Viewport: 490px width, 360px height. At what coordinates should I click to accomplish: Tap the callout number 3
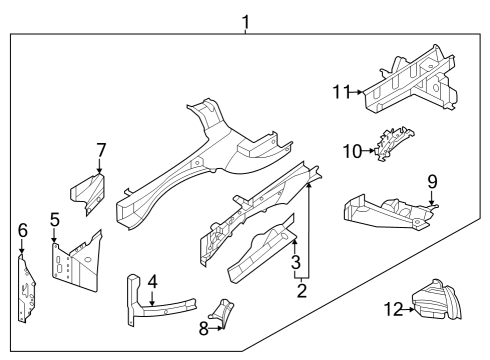294,263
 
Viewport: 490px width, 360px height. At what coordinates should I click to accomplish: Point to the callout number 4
151,282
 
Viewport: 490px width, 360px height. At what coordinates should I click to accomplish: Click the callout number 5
55,218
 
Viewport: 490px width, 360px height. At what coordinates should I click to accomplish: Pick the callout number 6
22,230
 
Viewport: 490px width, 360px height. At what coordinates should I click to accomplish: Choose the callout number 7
100,150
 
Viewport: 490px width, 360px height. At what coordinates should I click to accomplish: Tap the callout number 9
432,181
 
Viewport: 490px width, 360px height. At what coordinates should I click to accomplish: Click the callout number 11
342,92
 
